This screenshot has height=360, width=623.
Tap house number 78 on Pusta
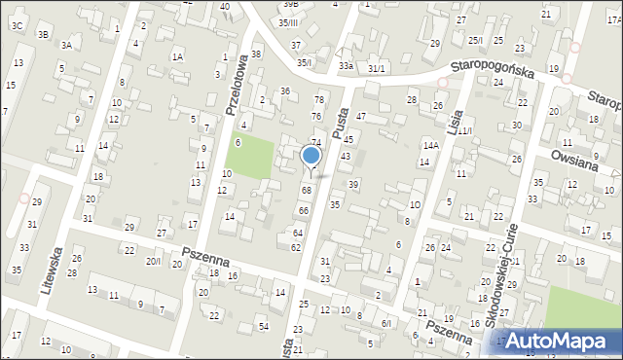pyautogui.click(x=318, y=100)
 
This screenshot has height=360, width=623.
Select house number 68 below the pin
pyautogui.click(x=306, y=190)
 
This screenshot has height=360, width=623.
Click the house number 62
pyautogui.click(x=296, y=248)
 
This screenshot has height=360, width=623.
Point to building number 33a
pyautogui.click(x=346, y=65)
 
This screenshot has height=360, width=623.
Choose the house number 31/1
pyautogui.click(x=377, y=67)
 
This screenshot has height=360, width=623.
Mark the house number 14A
pyautogui.click(x=430, y=145)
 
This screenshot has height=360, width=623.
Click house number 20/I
pyautogui.click(x=154, y=261)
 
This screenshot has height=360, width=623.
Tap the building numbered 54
pyautogui.click(x=263, y=323)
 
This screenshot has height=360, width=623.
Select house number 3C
pyautogui.click(x=18, y=25)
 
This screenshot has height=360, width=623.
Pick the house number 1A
pyautogui.click(x=177, y=56)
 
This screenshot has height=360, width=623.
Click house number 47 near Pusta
pyautogui.click(x=360, y=116)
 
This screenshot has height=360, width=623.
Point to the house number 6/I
pyautogui.click(x=385, y=323)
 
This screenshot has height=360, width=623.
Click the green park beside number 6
pyautogui.click(x=253, y=157)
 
